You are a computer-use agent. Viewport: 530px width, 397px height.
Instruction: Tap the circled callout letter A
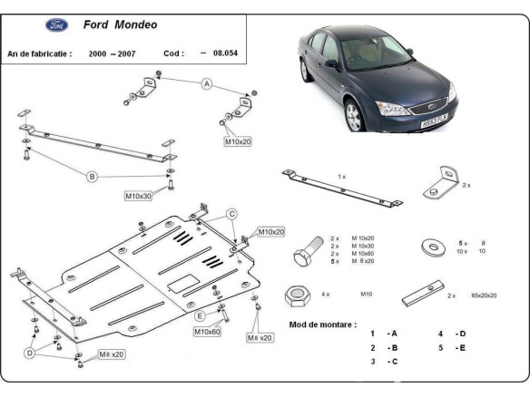(206, 84)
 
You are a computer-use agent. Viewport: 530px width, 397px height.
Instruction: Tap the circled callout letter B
(92, 177)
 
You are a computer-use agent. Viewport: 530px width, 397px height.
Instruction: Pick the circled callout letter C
(231, 214)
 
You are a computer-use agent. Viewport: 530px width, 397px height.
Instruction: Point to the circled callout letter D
(30, 352)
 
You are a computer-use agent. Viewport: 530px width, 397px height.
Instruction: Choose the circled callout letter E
(200, 315)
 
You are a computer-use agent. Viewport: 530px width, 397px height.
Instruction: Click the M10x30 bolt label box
(139, 195)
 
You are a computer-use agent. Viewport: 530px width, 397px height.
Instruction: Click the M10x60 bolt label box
(207, 332)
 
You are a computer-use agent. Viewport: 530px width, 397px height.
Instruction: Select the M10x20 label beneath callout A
(238, 142)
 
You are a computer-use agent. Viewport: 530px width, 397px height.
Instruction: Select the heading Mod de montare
(322, 324)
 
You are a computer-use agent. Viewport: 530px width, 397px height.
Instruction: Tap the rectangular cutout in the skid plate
(189, 282)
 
